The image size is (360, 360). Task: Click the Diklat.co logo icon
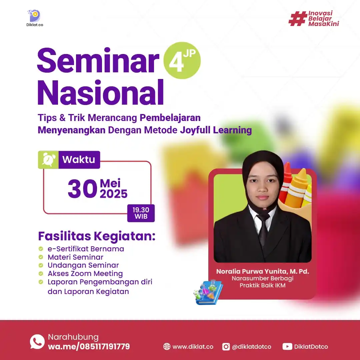(x=34, y=16)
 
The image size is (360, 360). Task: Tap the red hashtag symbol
(x=298, y=19)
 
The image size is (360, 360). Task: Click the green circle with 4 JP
(x=182, y=60)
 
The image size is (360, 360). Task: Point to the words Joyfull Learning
(x=216, y=130)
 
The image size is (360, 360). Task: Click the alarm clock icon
(x=48, y=160)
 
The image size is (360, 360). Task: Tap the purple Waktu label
(x=79, y=160)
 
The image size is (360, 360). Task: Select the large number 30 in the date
(x=82, y=189)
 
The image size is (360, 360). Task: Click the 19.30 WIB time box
(x=141, y=213)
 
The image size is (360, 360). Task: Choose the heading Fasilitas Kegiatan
(x=97, y=236)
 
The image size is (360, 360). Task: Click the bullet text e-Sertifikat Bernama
(x=86, y=249)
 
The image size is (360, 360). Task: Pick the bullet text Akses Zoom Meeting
(x=85, y=274)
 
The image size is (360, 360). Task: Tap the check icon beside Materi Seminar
(x=41, y=257)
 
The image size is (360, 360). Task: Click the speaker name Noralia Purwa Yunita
(x=262, y=271)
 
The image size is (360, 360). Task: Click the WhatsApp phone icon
(x=37, y=342)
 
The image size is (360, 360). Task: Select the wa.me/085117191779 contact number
(x=89, y=347)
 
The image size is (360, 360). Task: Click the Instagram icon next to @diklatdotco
(x=226, y=347)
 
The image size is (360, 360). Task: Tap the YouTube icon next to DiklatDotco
(x=287, y=347)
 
